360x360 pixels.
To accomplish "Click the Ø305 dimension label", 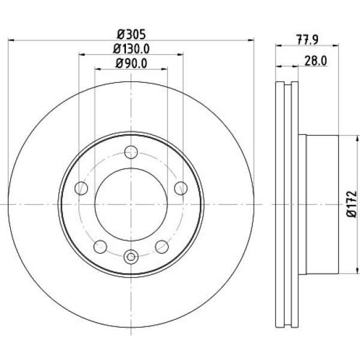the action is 131,35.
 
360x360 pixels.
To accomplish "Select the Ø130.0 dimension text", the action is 131,49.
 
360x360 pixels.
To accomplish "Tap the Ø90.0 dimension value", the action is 131,63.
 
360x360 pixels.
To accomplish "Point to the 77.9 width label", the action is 307,40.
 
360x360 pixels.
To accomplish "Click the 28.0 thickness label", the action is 316,61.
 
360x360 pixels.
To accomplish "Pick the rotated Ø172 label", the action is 352,204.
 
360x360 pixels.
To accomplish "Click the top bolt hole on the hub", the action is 131,152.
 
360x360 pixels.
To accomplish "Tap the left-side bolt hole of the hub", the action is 81,188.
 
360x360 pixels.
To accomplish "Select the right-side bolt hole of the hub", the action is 181,188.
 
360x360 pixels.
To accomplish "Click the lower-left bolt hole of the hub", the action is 100,247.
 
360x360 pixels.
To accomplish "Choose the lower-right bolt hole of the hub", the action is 162,247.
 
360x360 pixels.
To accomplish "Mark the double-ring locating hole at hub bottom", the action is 131,257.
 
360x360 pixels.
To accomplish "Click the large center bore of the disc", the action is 131,205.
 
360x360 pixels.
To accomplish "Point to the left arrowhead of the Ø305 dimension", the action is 11,40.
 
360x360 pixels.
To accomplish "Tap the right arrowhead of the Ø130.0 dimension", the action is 181,55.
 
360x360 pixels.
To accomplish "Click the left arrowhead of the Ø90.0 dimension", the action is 98,68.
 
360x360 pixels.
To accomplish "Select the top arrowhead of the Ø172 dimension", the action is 357,138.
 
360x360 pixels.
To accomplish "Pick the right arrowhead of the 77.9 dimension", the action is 335,46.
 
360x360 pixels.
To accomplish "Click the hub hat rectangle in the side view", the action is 319,205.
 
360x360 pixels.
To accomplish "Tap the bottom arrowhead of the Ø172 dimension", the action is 357,271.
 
